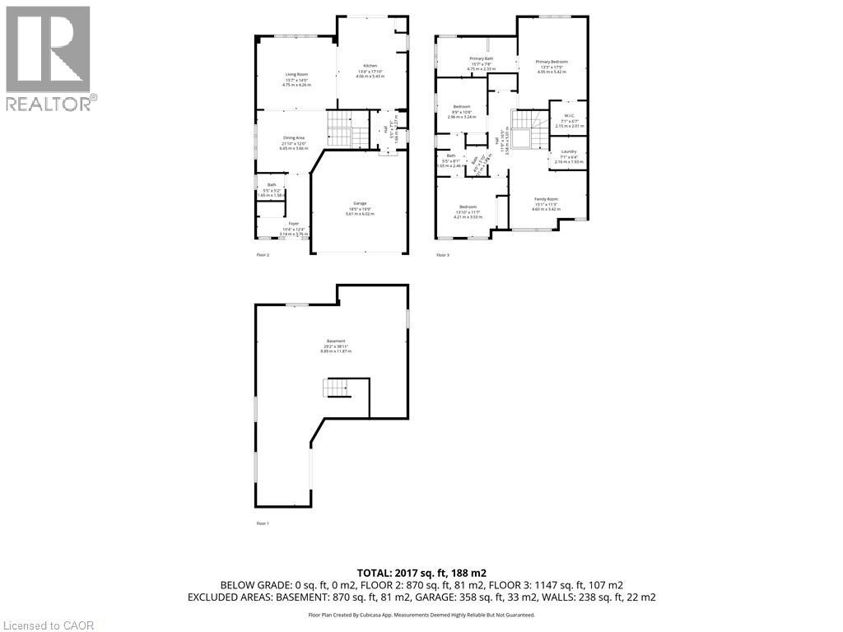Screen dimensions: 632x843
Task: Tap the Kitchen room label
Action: (x=370, y=66)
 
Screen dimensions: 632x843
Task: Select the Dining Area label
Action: (x=294, y=137)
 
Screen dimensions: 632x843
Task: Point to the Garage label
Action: (x=360, y=203)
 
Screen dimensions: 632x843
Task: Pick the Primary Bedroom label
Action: (x=552, y=62)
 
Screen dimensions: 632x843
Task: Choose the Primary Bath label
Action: (x=482, y=58)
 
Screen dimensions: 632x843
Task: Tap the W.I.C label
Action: (x=569, y=115)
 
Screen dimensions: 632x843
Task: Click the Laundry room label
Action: (x=568, y=151)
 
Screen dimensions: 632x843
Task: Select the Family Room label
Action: (x=547, y=199)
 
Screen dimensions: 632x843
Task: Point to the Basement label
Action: (x=336, y=341)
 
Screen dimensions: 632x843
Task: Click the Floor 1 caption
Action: (x=263, y=523)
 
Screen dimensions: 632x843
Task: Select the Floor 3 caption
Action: (x=443, y=255)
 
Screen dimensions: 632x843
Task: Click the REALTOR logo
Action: (x=49, y=58)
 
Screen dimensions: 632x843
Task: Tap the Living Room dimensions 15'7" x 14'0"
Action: (x=296, y=80)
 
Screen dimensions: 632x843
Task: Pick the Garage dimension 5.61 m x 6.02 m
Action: (x=360, y=214)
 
